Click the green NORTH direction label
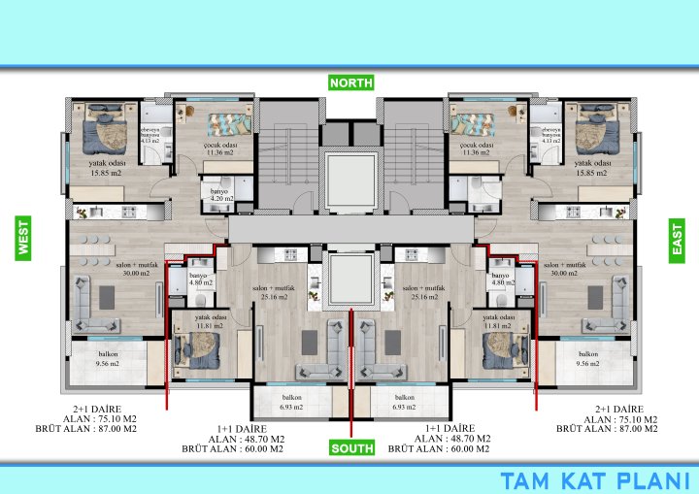click(350, 82)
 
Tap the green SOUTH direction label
click(350, 448)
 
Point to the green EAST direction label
click(677, 238)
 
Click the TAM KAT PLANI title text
click(595, 479)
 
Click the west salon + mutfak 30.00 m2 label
click(136, 270)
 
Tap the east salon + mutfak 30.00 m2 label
click(563, 270)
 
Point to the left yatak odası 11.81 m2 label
click(210, 322)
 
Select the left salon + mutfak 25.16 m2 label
click(274, 293)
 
